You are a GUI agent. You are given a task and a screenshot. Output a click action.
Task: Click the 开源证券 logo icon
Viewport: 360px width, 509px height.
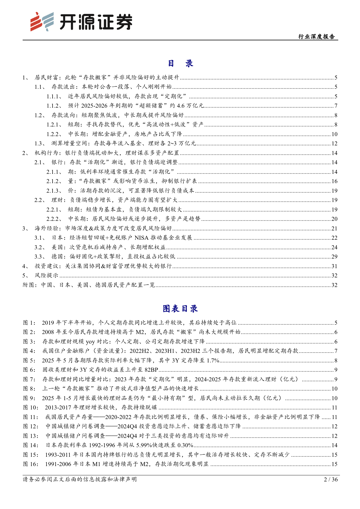42,21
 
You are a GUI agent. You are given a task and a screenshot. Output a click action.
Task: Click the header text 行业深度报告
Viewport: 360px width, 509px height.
316,37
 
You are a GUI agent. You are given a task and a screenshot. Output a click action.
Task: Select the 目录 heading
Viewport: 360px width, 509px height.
180,64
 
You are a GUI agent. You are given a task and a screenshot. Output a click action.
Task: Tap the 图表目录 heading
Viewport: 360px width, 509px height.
180,308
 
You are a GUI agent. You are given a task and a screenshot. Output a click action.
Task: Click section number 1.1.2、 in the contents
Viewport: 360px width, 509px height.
54,106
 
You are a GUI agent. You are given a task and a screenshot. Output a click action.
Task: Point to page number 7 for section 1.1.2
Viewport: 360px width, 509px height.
336,106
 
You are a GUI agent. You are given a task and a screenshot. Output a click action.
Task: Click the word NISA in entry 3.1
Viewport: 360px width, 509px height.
142,238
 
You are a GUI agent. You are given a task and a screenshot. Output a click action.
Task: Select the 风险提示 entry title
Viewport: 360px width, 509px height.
46,276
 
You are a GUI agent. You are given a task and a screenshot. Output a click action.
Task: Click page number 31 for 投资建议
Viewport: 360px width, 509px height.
334,266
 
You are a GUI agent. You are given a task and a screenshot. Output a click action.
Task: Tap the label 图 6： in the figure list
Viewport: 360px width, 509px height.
29,370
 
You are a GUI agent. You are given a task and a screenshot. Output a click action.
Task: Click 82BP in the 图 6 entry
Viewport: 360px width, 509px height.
151,370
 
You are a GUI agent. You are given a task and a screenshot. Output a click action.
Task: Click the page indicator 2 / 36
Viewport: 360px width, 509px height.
331,479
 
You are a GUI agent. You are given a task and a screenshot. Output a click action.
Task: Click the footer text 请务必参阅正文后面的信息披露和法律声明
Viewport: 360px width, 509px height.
80,479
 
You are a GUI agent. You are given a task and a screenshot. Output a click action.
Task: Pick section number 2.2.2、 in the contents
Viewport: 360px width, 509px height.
54,219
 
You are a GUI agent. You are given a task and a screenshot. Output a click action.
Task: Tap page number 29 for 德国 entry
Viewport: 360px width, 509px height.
334,257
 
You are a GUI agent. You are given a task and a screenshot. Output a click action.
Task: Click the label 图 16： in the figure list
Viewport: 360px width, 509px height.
31,464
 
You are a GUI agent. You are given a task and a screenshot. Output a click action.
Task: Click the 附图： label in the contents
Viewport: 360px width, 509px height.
30,285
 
